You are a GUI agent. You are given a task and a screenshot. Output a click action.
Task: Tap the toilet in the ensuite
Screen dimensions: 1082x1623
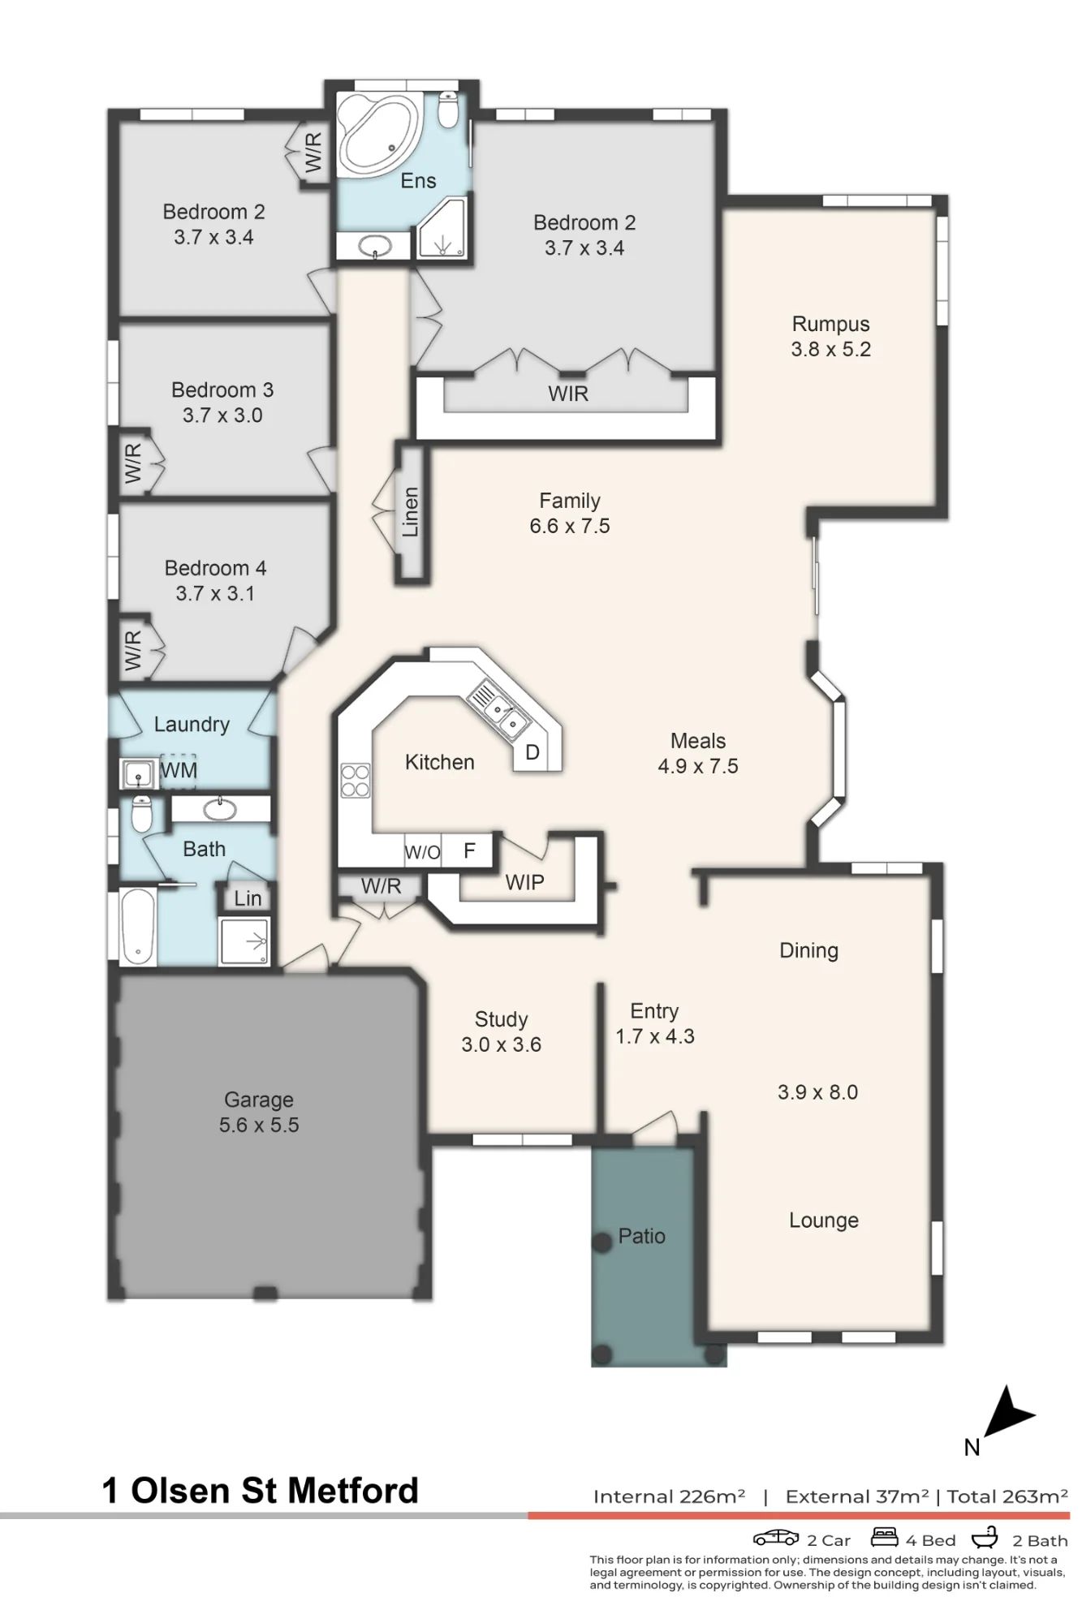click(x=448, y=110)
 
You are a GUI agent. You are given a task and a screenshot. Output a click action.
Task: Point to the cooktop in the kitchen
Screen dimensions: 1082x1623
click(x=356, y=781)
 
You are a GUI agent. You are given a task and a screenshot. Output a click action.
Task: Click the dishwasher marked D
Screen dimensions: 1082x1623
click(x=532, y=752)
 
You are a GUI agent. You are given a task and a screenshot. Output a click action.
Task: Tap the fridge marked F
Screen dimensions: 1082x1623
click(x=469, y=850)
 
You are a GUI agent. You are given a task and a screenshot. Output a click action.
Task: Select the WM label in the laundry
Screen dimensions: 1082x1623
click(x=179, y=770)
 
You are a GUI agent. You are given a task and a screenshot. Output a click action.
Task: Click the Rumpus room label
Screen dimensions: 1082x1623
click(x=830, y=324)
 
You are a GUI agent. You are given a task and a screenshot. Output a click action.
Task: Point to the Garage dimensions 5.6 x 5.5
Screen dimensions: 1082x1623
click(x=259, y=1125)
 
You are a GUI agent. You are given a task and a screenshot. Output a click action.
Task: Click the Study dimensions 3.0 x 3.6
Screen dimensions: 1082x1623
click(x=501, y=1044)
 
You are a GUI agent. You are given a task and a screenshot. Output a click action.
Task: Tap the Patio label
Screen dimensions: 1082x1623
click(x=641, y=1236)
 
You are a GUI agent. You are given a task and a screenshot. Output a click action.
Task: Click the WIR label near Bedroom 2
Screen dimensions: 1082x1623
click(x=568, y=394)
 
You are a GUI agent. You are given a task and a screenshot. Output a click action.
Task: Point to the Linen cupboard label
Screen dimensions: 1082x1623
click(x=411, y=512)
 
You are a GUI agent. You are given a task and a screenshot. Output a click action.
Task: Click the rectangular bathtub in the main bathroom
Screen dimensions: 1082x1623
click(x=138, y=925)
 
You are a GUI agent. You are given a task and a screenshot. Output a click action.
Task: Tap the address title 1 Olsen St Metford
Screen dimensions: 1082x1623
click(x=260, y=1491)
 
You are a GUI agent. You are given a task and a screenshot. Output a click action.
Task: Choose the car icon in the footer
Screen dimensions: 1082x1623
click(x=776, y=1538)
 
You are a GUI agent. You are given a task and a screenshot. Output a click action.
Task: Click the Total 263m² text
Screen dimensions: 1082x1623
click(x=1007, y=1496)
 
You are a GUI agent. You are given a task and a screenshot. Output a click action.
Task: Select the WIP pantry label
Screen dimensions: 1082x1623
click(x=524, y=882)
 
